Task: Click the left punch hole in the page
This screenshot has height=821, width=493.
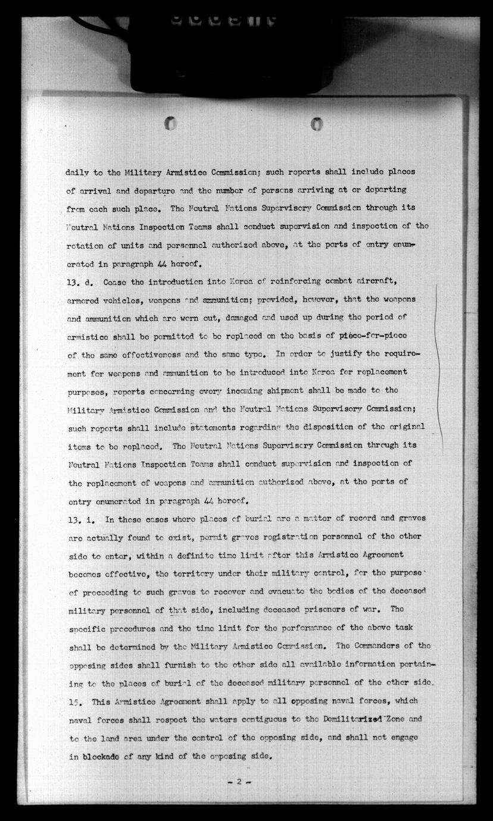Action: coord(171,124)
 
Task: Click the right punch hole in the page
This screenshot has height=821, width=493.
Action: coord(317,124)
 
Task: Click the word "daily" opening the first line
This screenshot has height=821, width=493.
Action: coord(78,172)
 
